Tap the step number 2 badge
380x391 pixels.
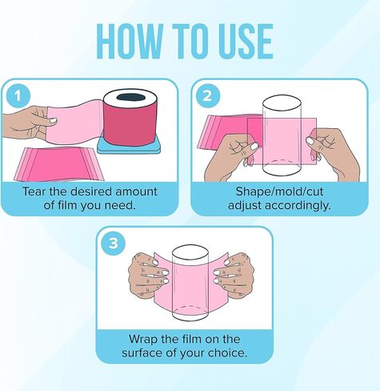(207, 95)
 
